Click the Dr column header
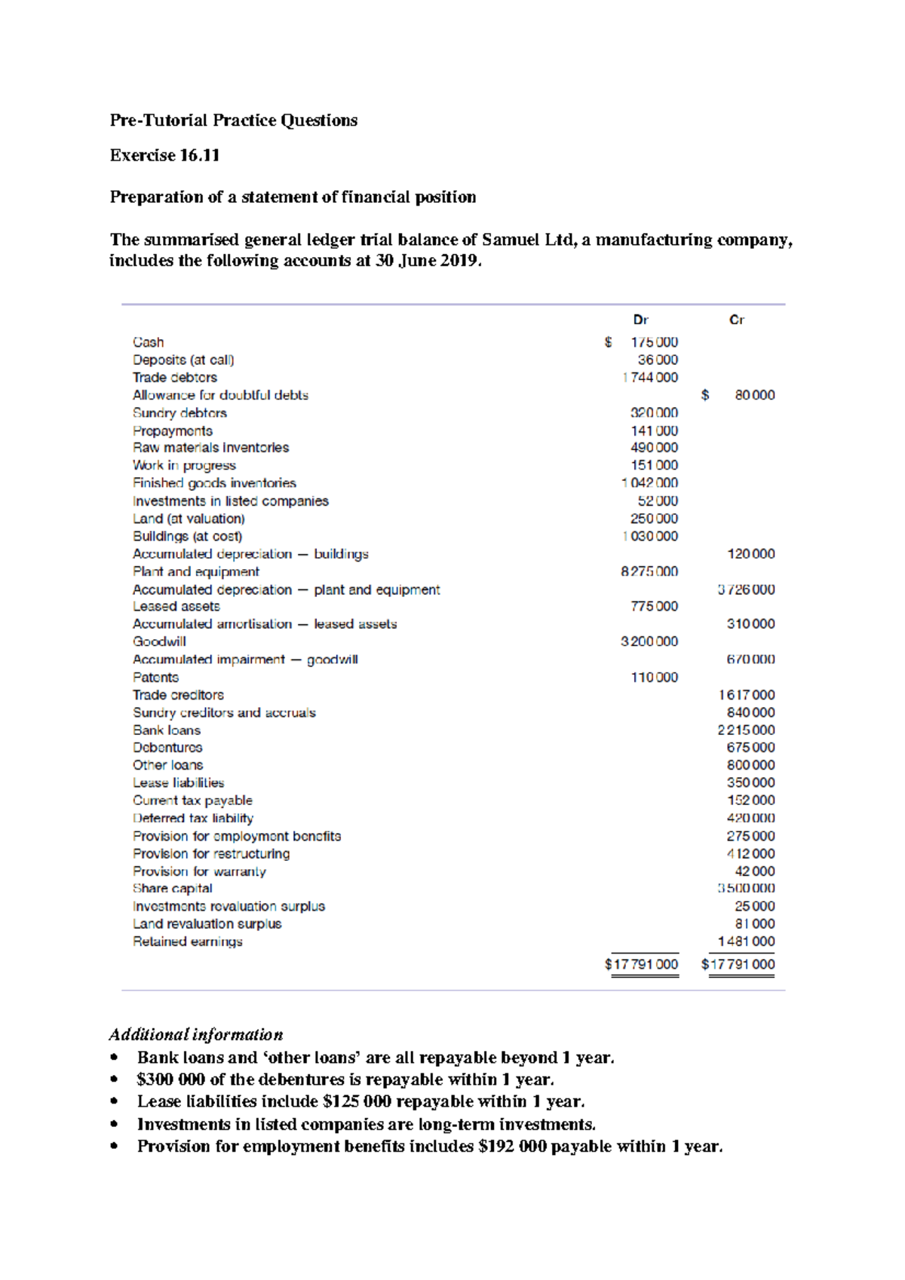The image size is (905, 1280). (640, 320)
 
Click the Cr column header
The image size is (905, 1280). (736, 320)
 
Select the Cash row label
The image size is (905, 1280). (149, 342)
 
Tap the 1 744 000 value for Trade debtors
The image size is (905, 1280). (650, 378)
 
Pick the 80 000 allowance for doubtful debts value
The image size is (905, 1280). (754, 395)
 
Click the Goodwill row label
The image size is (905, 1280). (159, 642)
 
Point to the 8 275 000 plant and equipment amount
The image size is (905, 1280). (649, 571)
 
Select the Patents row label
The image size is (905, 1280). (156, 678)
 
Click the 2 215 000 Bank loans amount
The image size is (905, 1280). (746, 730)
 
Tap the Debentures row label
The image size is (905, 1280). (167, 748)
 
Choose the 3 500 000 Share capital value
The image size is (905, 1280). (746, 889)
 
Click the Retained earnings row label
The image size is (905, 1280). (188, 942)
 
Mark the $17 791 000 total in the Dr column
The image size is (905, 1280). (642, 964)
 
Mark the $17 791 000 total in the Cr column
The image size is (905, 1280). (738, 964)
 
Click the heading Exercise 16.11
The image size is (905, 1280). (164, 155)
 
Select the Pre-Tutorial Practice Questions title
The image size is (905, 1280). (234, 121)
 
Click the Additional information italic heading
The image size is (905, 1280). (196, 1034)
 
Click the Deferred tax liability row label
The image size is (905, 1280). (193, 819)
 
